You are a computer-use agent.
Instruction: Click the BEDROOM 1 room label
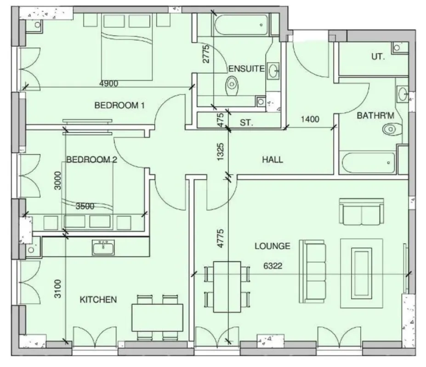[119, 106]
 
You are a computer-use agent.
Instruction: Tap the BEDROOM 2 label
[92, 160]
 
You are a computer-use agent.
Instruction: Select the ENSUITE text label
[246, 69]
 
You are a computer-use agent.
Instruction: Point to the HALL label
[273, 160]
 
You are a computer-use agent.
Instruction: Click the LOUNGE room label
[273, 246]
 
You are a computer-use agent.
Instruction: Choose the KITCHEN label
[98, 300]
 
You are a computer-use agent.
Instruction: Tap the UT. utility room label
[378, 57]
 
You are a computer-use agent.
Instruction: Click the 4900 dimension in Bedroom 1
[108, 83]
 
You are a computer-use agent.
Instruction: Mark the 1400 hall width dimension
[310, 120]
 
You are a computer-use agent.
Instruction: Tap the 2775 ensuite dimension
[206, 54]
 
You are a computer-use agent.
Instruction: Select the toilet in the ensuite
[233, 84]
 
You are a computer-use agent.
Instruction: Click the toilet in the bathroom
[389, 129]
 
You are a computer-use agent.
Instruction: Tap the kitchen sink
[103, 248]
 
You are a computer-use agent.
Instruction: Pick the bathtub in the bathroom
[369, 162]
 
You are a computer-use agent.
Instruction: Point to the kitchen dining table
[158, 317]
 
